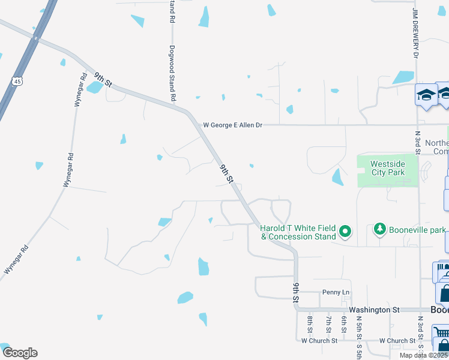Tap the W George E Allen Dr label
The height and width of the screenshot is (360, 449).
point(233,125)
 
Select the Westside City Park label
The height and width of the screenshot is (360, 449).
point(387,168)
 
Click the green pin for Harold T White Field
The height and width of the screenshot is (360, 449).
point(345,231)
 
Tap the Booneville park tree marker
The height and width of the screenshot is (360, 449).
point(379,229)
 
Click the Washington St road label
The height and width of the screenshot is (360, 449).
point(374,310)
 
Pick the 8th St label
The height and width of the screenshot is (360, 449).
point(310,325)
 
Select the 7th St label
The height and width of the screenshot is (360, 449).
point(328,325)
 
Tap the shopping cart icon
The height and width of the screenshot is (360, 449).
point(441,334)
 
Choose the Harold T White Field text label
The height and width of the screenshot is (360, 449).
point(298,232)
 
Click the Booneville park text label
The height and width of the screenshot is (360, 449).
point(413,229)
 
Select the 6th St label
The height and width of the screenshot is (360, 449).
point(345,325)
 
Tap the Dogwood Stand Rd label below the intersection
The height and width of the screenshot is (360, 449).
point(172,73)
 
